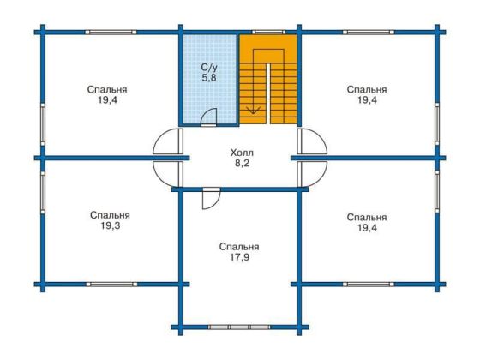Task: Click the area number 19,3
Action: coord(110,226)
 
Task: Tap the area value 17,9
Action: coord(239,257)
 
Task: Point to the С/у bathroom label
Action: coord(209,68)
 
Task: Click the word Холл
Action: coord(242,153)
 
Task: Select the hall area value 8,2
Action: coord(242,163)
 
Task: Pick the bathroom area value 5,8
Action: coord(209,78)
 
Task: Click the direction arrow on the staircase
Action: coord(253,110)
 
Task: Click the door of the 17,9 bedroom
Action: coord(211,199)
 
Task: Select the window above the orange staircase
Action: coord(268,32)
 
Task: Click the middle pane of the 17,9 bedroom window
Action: coord(239,327)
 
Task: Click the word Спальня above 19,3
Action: coord(110,215)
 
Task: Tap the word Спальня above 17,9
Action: coord(239,247)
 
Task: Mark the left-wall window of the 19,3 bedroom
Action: coord(43,192)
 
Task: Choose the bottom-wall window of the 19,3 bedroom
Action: coord(111,285)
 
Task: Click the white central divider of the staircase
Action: coord(268,93)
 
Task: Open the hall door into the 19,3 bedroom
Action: coord(168,174)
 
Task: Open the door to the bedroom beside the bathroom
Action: coord(168,141)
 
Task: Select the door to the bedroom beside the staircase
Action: coord(312,141)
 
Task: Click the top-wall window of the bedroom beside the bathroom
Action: coord(111,32)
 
